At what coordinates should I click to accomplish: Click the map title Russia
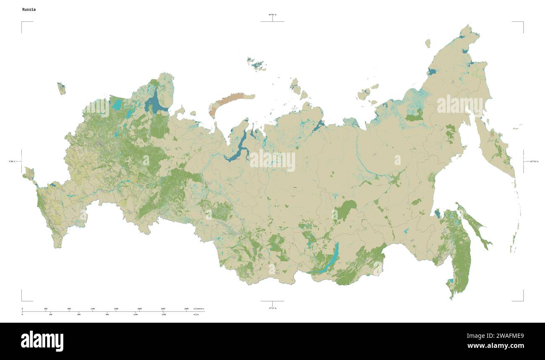pyautogui.click(x=29, y=9)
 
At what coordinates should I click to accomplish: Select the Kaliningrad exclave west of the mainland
pyautogui.click(x=62, y=88)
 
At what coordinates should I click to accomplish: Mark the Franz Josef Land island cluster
pyautogui.click(x=256, y=63)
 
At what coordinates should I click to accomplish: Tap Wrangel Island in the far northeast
pyautogui.click(x=428, y=43)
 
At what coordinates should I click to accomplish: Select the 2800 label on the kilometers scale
pyautogui.click(x=187, y=309)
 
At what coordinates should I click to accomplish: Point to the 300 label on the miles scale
pyautogui.click(x=50, y=314)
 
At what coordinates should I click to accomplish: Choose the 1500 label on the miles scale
pyautogui.click(x=163, y=314)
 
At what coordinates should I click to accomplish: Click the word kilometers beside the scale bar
pyautogui.click(x=199, y=309)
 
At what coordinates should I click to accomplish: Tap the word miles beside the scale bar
pyautogui.click(x=196, y=314)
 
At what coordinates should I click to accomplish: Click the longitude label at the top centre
pyautogui.click(x=272, y=15)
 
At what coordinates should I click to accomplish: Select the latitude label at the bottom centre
pyautogui.click(x=272, y=308)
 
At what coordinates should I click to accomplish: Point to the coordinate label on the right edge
pyautogui.click(x=533, y=161)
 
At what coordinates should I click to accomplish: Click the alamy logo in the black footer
pyautogui.click(x=42, y=341)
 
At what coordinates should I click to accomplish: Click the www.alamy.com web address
pyautogui.click(x=496, y=346)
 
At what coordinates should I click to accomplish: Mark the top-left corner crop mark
pyautogui.click(x=22, y=22)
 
